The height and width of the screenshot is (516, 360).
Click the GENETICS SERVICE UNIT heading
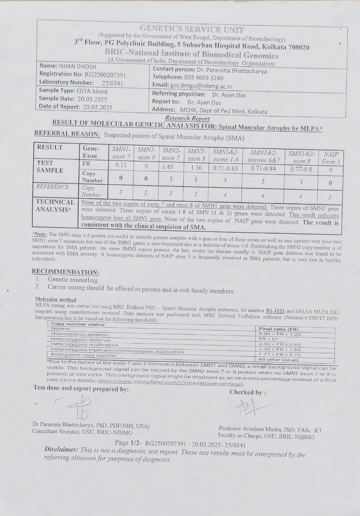coord(192,30)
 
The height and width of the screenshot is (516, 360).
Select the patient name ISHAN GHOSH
coord(77,66)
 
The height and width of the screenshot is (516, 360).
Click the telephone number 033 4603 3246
coord(204,78)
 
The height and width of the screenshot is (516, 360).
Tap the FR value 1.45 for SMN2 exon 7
coord(168,167)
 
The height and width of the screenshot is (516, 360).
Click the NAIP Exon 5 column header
coord(331,158)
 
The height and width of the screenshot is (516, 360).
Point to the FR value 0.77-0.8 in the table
coord(300,169)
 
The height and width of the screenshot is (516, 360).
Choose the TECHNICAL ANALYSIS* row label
coord(55,206)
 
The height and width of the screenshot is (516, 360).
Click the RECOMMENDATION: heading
coord(65,272)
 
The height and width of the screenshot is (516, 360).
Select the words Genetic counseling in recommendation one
coord(73,280)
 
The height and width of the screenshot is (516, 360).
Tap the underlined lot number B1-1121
coord(275,311)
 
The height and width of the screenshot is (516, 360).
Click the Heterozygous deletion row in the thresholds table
coord(81,340)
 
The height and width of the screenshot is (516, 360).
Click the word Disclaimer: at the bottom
coord(61,449)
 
